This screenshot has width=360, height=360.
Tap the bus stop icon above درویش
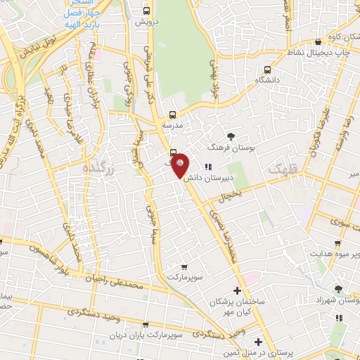(x=146, y=11)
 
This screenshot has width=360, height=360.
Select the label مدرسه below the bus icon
(x=172, y=124)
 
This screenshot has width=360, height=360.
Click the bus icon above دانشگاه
(x=267, y=70)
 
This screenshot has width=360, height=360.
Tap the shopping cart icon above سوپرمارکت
(x=184, y=266)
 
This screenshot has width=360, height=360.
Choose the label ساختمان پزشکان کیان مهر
(x=236, y=305)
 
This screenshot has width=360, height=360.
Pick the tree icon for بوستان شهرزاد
(x=339, y=289)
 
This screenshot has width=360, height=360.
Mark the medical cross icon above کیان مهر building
(x=237, y=290)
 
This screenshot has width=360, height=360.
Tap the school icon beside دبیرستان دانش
(x=207, y=167)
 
